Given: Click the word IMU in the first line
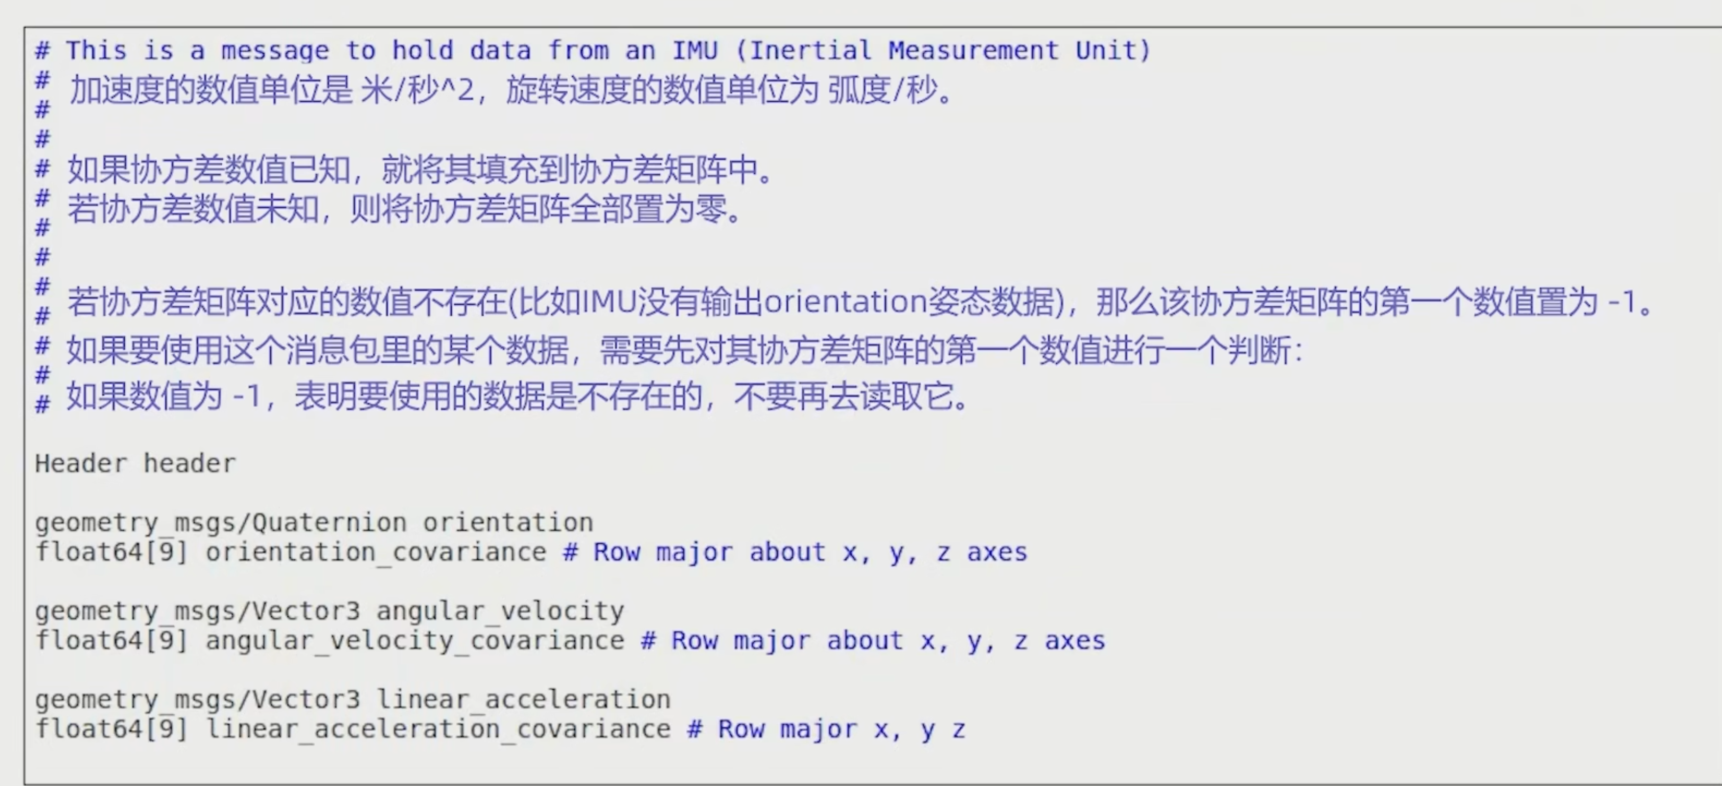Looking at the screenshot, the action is [x=694, y=50].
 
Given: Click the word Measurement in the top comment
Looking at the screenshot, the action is [x=973, y=50].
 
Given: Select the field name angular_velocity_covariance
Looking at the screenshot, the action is [x=414, y=641].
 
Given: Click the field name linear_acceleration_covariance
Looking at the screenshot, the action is [x=438, y=729].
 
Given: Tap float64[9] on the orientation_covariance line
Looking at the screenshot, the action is [x=111, y=552].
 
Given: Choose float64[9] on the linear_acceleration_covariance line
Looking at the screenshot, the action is [x=111, y=729].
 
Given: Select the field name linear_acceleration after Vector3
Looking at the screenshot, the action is [x=523, y=700].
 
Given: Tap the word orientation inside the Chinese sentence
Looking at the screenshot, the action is [x=846, y=302].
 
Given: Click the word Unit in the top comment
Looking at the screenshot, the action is [x=1105, y=50].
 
